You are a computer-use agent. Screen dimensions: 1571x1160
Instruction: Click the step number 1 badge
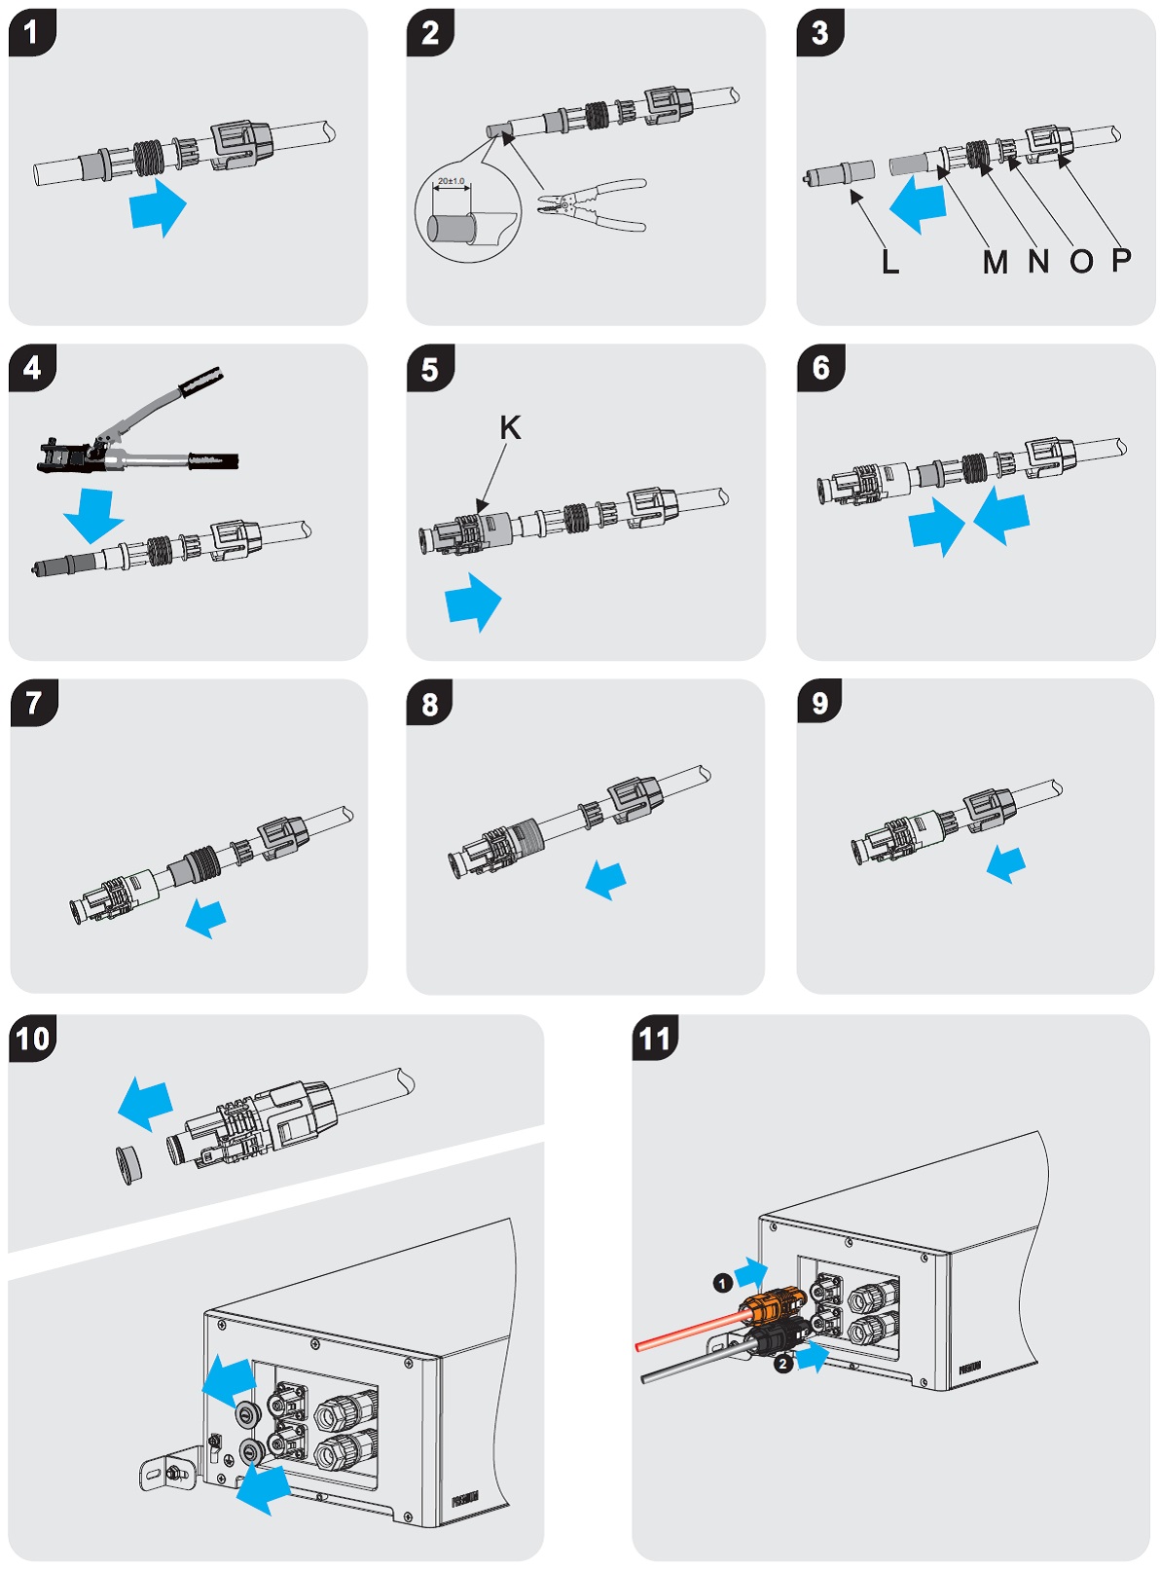point(31,32)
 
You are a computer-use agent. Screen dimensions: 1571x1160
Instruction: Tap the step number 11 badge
point(655,1039)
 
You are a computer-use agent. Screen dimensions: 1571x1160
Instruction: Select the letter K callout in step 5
point(509,427)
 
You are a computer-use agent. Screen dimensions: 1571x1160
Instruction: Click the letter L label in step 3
point(889,261)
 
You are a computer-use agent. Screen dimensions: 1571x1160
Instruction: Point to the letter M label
point(995,261)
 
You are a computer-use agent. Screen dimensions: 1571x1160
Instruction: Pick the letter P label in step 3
point(1121,259)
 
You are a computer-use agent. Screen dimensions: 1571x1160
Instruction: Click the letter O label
point(1081,261)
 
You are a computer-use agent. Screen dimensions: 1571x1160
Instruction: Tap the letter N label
point(1038,261)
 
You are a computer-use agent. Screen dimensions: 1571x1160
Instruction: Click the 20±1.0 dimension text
point(451,181)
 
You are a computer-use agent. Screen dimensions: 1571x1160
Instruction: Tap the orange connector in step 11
point(774,1303)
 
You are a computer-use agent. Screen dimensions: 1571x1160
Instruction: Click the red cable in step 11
point(686,1331)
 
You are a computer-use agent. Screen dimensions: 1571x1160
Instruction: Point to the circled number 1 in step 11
point(722,1283)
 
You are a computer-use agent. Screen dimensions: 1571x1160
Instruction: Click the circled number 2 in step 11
point(782,1364)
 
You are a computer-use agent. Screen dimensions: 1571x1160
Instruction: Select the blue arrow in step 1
point(159,206)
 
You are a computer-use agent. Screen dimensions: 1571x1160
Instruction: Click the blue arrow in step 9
point(1005,862)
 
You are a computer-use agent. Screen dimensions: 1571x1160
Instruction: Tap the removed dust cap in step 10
point(127,1165)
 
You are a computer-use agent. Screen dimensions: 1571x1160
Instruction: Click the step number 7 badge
point(34,703)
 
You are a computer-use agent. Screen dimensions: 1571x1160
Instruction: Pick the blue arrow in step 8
point(606,879)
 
